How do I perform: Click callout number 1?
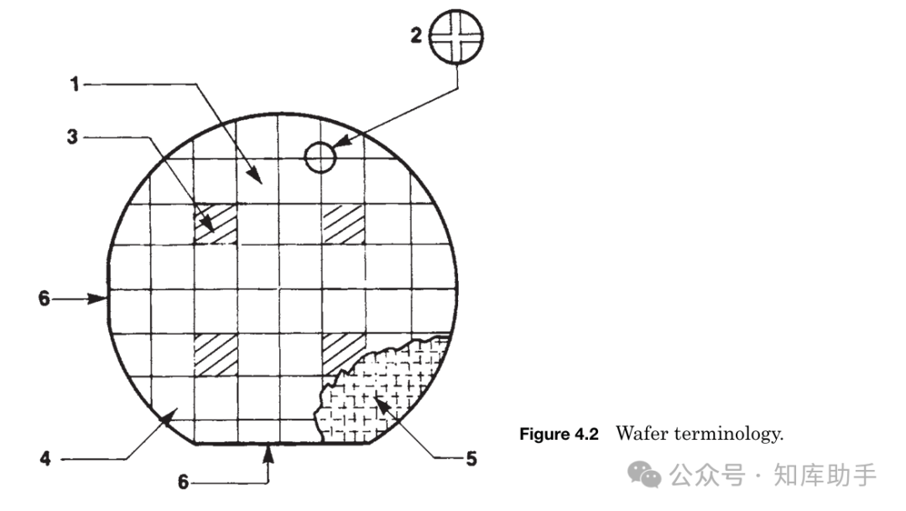point(75,85)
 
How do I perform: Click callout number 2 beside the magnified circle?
point(416,36)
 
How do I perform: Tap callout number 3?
point(72,137)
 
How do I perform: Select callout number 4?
point(45,459)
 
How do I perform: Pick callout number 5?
point(471,459)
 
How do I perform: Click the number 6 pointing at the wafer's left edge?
point(44,298)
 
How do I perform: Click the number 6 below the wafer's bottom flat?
point(183,482)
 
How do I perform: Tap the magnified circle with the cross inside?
point(456,36)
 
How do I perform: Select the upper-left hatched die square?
point(215,224)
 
